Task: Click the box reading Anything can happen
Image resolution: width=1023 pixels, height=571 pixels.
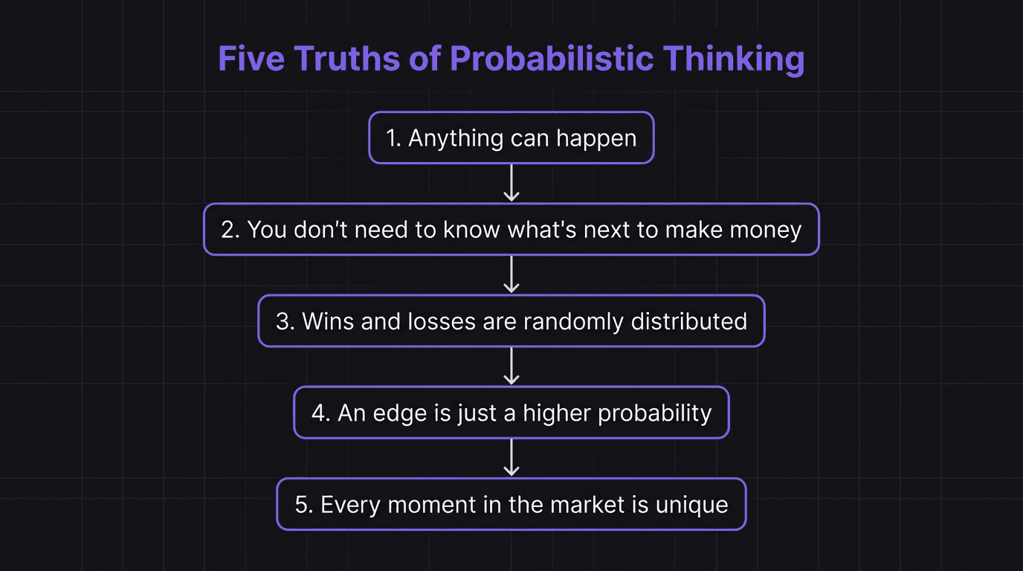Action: pos(512,138)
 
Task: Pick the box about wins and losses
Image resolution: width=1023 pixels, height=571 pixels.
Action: pos(512,321)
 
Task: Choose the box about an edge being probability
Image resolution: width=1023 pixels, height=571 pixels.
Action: pos(512,413)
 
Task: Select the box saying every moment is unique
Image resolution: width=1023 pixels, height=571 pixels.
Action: pos(512,504)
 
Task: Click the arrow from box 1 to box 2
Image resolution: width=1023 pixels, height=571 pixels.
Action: pos(512,183)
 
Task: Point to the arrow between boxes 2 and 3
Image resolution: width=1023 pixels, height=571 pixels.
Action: pos(512,274)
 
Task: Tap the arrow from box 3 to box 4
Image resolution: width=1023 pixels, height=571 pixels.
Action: pos(512,366)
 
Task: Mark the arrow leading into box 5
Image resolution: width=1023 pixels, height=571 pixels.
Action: pos(512,458)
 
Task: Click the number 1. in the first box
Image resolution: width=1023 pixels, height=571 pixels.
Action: pos(393,138)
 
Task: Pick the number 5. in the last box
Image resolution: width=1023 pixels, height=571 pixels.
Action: pos(303,505)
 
